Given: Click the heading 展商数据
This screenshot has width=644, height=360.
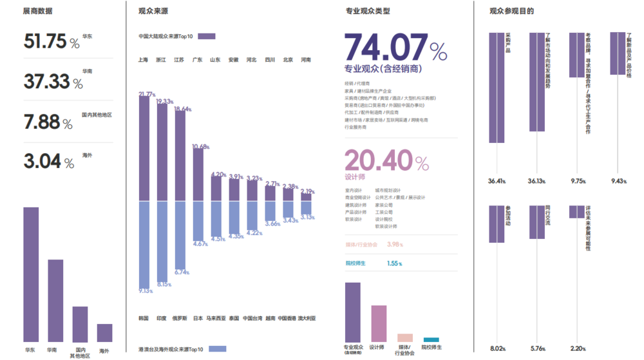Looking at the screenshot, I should (37, 12).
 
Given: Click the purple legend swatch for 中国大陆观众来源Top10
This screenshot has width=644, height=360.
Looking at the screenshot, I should (206, 37).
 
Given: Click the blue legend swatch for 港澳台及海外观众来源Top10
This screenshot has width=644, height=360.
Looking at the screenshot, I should (218, 349).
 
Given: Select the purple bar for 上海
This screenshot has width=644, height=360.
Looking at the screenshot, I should (144, 149).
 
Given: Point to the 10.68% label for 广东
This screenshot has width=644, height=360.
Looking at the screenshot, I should (200, 147).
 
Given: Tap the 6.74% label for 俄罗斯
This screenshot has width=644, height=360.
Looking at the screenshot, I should (182, 272).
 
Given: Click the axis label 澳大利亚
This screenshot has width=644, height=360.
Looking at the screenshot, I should (306, 318).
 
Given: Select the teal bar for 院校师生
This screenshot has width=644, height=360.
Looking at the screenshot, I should (431, 339).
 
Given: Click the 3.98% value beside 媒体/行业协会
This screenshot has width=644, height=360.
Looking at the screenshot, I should (395, 244).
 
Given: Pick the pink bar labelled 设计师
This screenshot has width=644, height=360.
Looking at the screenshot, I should (379, 323).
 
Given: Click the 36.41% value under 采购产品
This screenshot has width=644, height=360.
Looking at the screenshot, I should (497, 181).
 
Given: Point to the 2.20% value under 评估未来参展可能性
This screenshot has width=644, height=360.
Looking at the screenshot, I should (577, 348).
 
